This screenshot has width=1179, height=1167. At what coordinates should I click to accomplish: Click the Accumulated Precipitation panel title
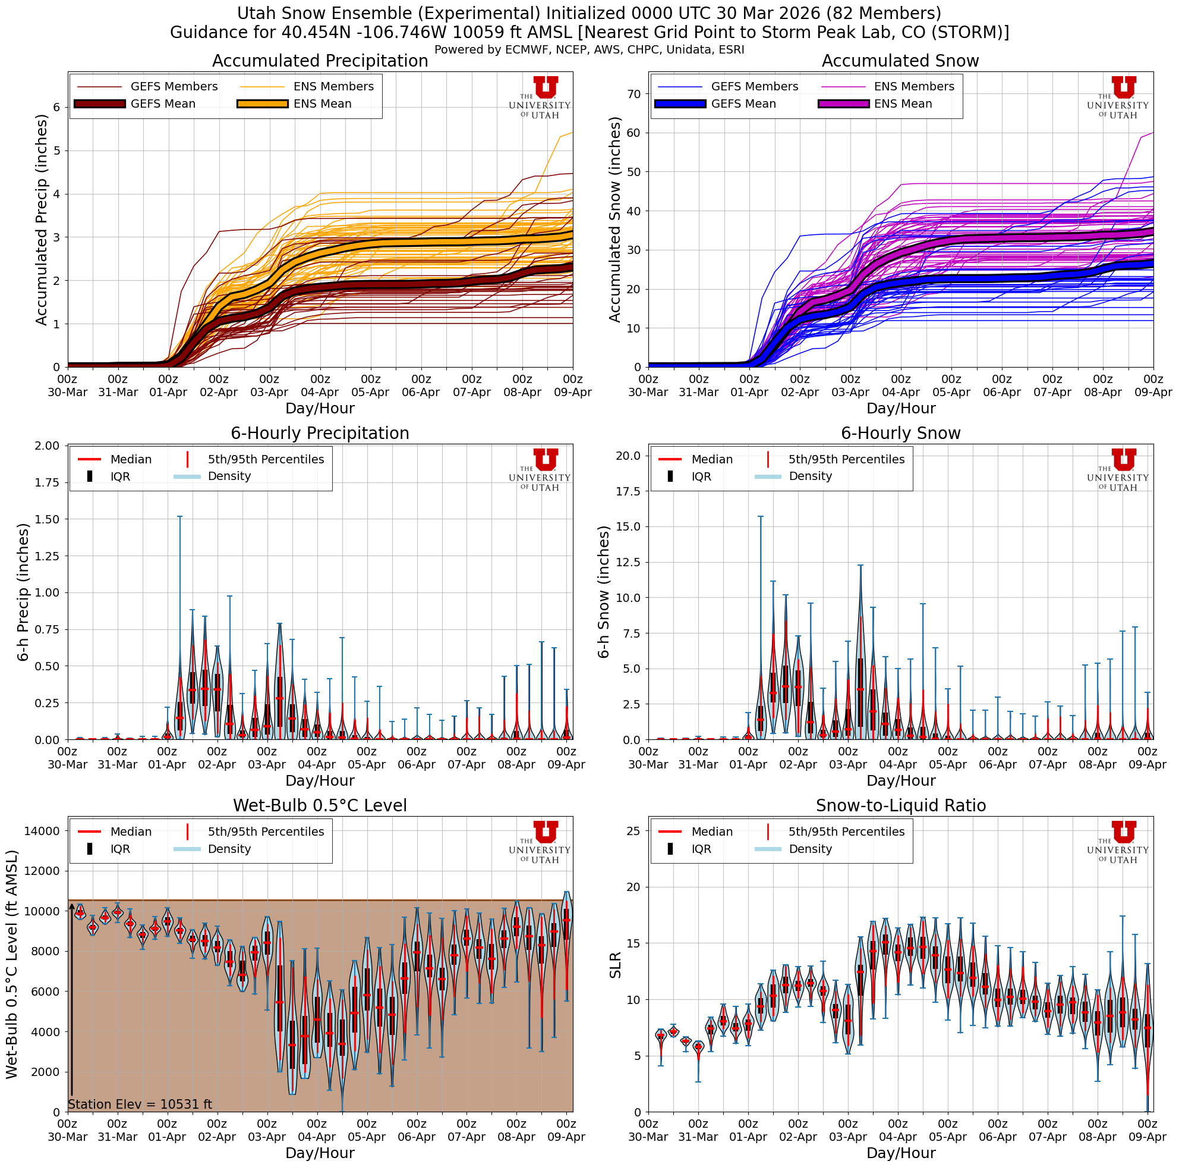320,61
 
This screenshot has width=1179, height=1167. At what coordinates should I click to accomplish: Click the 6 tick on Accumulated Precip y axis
57,107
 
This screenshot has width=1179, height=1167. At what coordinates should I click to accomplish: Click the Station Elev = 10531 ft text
140,1104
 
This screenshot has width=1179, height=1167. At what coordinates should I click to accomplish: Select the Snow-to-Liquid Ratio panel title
900,805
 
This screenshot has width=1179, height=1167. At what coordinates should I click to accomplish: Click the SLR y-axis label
615,965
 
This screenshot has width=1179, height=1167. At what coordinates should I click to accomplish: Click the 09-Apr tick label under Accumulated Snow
1153,393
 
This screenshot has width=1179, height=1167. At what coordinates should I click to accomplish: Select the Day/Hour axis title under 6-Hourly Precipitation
320,780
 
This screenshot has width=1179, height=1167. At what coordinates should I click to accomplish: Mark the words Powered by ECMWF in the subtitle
483,50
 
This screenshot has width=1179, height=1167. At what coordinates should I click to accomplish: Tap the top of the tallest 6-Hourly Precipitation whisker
179,517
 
